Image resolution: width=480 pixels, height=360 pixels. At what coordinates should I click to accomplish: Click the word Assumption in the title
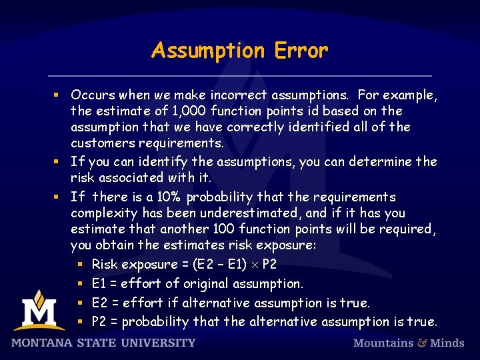207,51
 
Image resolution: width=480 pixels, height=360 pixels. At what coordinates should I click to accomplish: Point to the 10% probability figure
170,197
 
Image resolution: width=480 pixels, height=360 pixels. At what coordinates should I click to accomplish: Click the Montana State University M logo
39,311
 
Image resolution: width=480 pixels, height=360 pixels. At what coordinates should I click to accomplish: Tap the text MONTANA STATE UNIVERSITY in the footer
103,343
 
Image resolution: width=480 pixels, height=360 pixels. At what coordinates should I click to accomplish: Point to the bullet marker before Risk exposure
79,265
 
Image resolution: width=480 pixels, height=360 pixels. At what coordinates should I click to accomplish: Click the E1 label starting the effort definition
99,284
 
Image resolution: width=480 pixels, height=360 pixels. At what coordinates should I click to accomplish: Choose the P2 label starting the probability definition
99,322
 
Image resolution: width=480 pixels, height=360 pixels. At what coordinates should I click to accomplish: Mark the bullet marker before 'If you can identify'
59,162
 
